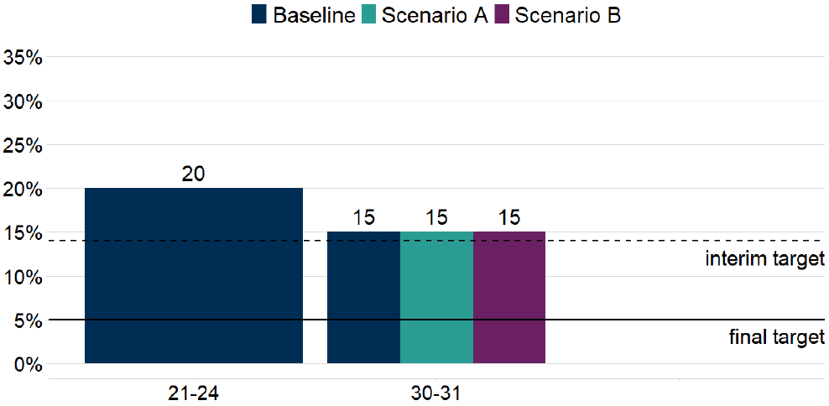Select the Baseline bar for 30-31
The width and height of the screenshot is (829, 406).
coord(363,297)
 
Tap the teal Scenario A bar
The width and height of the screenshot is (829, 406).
coord(436,297)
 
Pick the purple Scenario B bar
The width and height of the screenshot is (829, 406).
coord(509,297)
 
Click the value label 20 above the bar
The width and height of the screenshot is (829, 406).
coord(194,174)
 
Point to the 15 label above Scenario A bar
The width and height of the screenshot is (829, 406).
coord(436,218)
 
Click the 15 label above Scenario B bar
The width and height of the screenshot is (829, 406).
coord(509,218)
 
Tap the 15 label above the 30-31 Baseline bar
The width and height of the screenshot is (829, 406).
coord(363,218)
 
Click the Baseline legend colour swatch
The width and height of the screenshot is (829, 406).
coord(259,15)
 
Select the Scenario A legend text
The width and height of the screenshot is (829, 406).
coord(435,15)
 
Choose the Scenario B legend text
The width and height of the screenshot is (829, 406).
coord(568,15)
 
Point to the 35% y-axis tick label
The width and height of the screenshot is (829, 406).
coord(23,59)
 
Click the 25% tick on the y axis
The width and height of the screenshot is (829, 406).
coord(23,146)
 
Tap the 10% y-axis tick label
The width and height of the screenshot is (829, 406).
coord(23,277)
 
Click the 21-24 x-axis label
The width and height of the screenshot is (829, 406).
coord(194,393)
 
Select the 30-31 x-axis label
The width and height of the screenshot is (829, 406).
coord(436,393)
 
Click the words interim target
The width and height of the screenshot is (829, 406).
coord(764,259)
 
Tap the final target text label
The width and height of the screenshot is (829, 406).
coord(777,338)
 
